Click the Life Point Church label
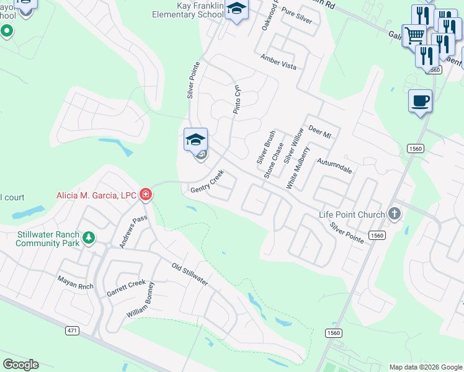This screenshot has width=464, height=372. (352, 215)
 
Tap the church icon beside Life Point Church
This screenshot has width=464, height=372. (394, 215)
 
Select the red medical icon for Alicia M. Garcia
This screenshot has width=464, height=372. (146, 195)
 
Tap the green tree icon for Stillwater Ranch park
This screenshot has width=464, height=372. (89, 237)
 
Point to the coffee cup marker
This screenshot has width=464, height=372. (420, 101)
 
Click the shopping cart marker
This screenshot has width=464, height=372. (414, 35)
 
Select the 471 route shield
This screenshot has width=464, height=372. (73, 330)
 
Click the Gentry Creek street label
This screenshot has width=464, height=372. (207, 184)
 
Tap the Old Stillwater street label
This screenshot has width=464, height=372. (190, 275)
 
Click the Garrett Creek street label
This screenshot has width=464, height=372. (126, 288)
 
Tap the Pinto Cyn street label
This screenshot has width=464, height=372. (236, 99)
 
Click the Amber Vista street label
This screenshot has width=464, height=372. (278, 62)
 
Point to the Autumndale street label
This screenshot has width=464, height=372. (334, 165)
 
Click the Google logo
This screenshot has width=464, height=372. (20, 365)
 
